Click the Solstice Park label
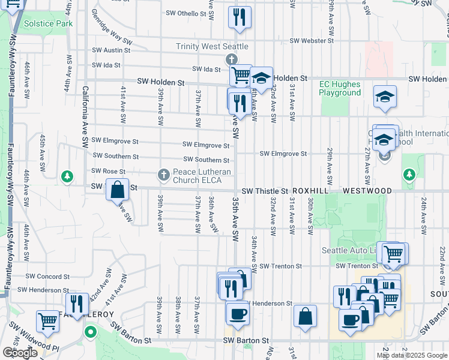(x=49, y=23)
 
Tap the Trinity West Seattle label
(x=212, y=46)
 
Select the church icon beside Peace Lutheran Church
(x=163, y=175)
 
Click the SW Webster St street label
(x=312, y=41)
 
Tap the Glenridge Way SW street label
(x=111, y=27)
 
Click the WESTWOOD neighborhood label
(x=367, y=191)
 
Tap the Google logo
(x=19, y=353)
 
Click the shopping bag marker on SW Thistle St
(x=118, y=189)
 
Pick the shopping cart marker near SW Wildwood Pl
(x=47, y=320)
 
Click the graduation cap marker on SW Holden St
(x=261, y=78)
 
